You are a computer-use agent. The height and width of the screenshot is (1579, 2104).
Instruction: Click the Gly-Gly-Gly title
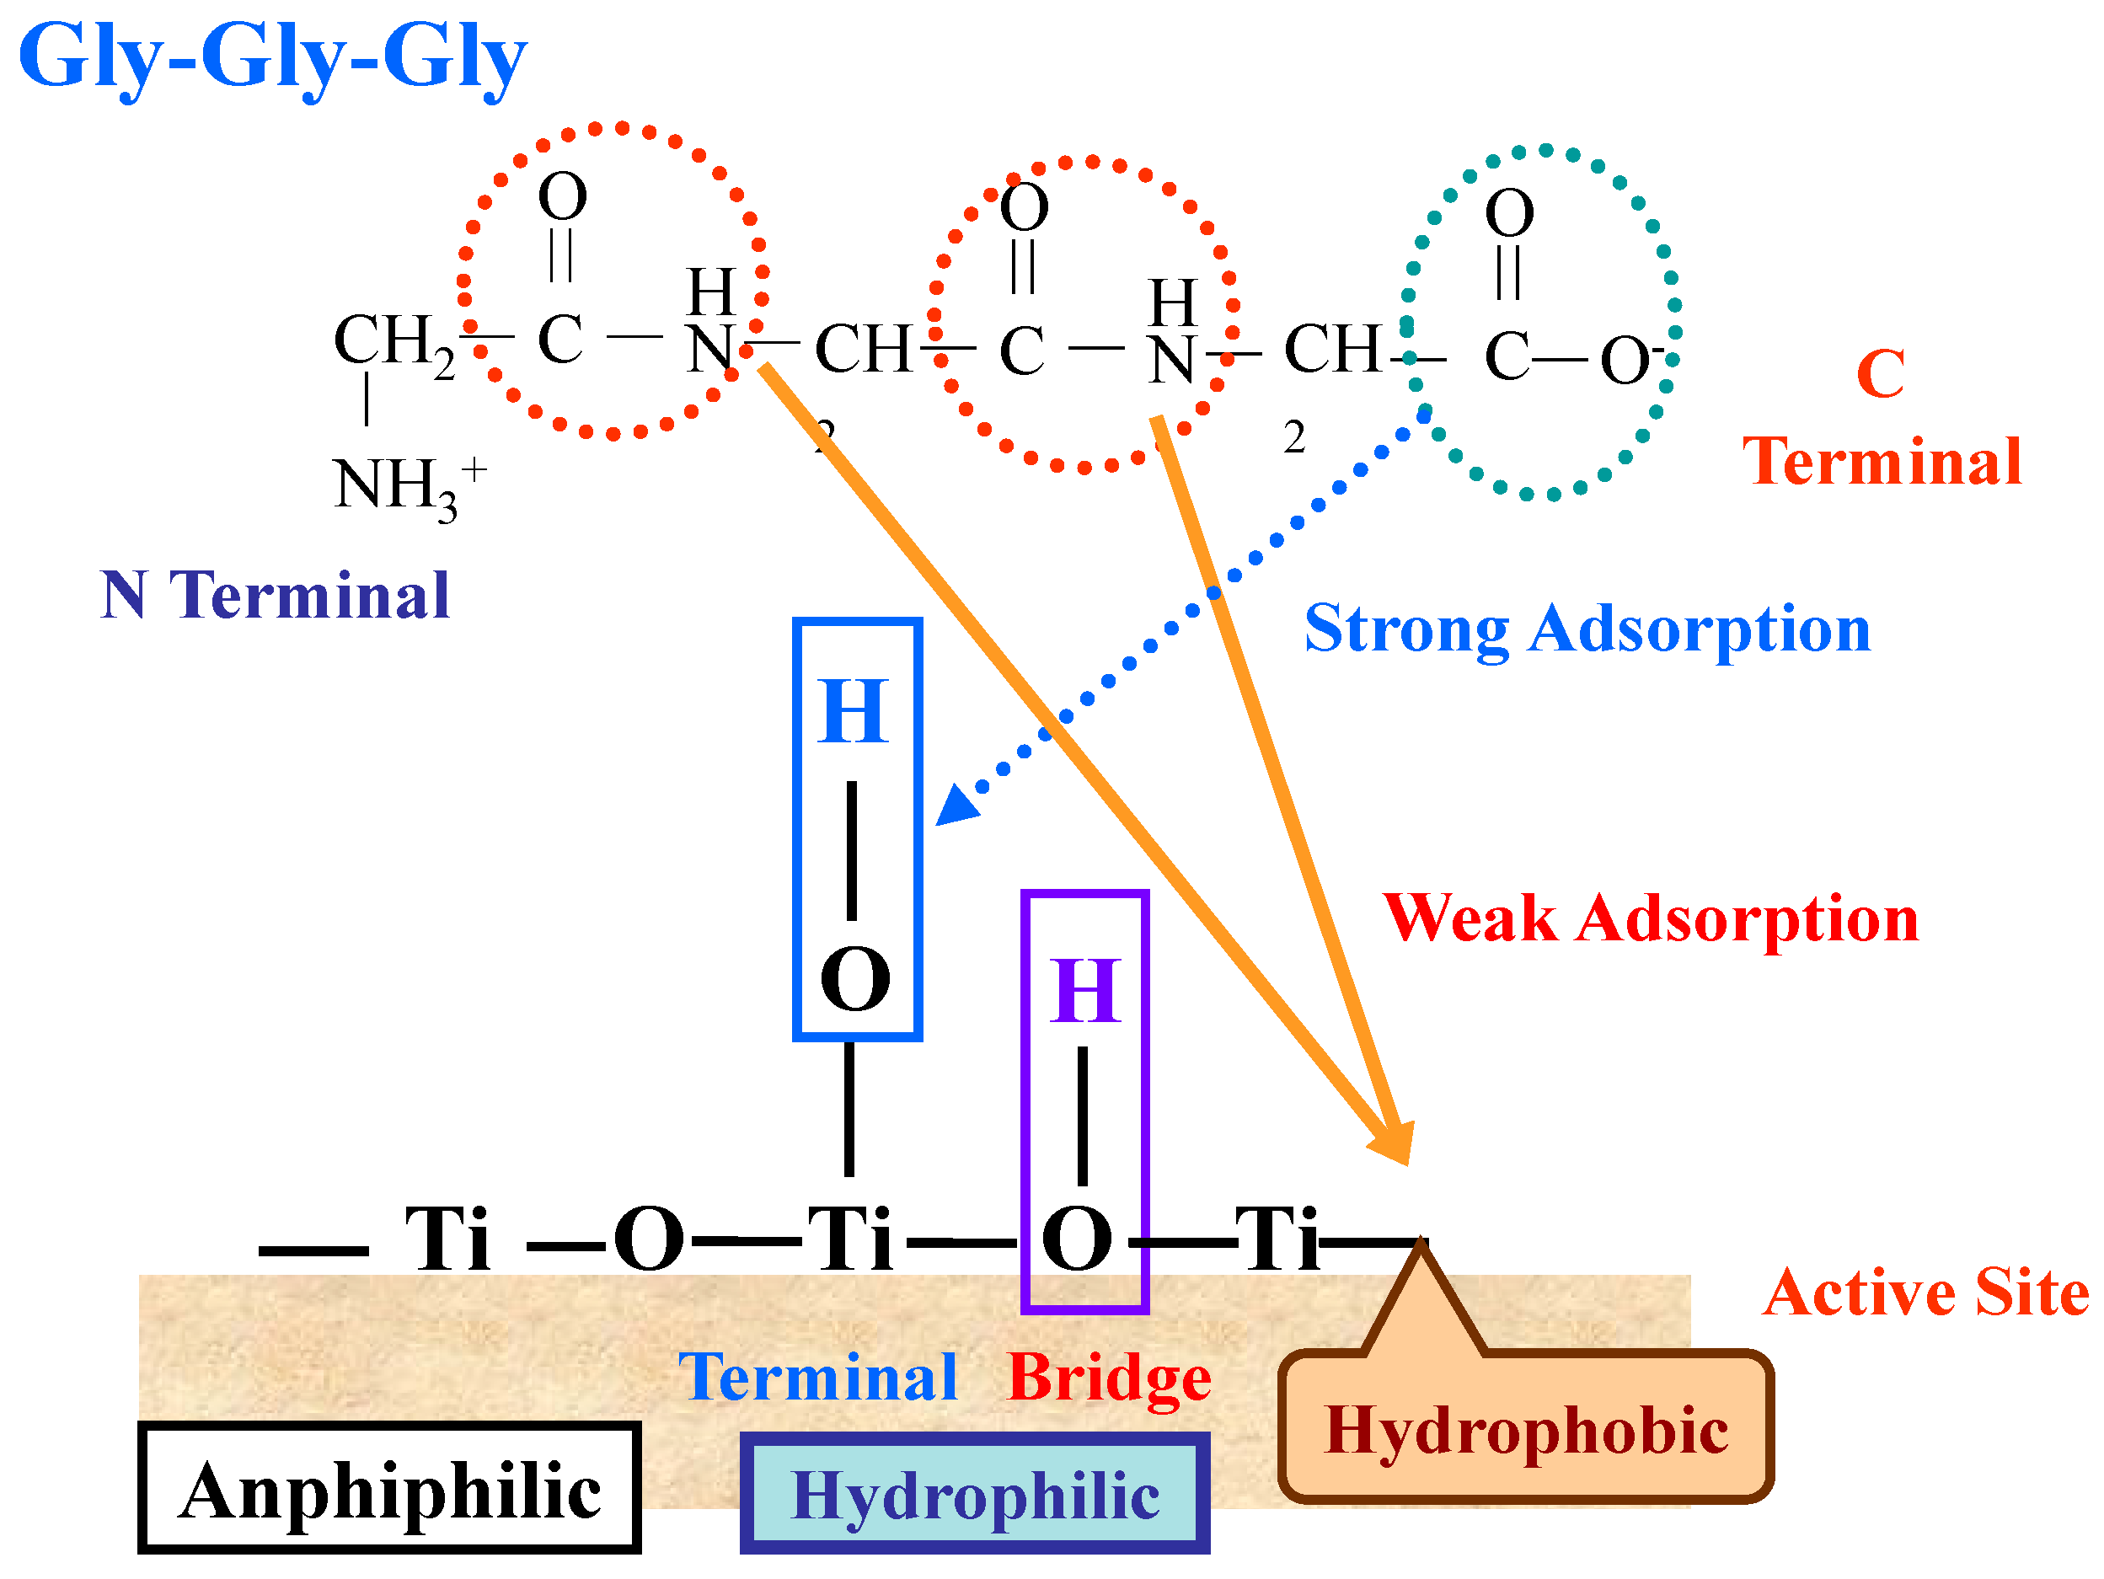272,57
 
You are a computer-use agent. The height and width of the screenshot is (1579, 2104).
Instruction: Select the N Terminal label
274,597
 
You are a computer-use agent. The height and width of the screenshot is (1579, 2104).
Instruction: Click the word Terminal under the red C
1882,463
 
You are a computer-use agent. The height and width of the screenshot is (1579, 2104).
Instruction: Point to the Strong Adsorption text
1587,629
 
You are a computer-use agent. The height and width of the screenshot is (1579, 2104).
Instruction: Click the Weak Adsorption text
1651,919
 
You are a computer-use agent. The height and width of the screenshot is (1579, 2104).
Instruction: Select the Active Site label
1925,1293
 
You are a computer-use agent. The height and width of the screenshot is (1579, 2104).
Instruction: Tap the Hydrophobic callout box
1526,1430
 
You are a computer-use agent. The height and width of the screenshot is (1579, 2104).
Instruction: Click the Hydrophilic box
974,1495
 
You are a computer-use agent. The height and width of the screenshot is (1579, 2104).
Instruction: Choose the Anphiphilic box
389,1489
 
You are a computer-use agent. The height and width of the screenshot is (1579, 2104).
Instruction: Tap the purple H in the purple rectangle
1084,991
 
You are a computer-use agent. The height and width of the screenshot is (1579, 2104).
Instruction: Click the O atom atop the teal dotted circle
1509,212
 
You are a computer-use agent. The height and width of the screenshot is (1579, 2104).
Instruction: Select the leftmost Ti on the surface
447,1239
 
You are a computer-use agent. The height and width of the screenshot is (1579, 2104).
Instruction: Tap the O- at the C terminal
1629,361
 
